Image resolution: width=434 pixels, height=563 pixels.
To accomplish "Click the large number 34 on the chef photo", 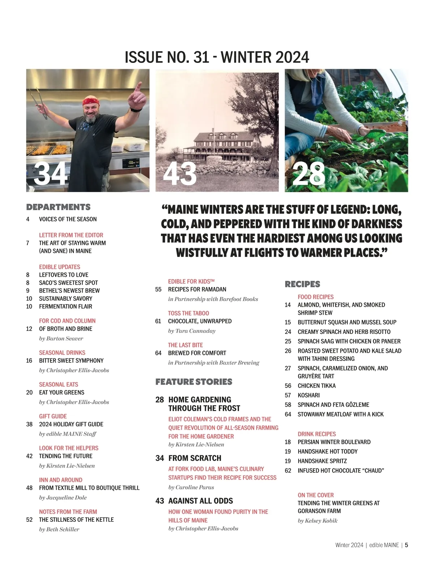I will point(50,173).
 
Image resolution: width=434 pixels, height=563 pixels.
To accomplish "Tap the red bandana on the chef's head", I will point(93,101).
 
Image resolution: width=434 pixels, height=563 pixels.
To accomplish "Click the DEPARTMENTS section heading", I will point(58,207).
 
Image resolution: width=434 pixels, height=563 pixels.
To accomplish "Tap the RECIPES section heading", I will point(302,284).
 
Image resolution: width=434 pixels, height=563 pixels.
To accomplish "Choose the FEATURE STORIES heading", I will point(193,382).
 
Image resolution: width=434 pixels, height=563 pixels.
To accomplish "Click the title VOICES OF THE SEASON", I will point(68,219).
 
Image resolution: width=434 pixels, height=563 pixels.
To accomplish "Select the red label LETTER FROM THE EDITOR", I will point(71,235).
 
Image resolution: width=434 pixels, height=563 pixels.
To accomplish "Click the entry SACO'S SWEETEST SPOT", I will point(68,283).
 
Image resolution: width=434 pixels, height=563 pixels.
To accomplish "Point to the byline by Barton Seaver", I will point(61,339).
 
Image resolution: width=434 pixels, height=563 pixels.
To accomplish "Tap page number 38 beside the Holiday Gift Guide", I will point(29,424).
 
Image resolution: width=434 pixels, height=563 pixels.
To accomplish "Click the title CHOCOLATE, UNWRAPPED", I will point(200,321).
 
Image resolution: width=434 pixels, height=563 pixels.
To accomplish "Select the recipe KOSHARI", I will point(309,395).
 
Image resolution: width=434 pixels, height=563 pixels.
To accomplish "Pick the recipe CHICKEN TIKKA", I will point(316,386).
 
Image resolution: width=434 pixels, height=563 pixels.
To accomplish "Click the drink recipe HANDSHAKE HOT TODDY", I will point(327,451).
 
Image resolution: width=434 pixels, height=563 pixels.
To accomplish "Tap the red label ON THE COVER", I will point(315,495).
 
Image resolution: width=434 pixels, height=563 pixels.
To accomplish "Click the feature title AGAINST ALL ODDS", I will point(200,501).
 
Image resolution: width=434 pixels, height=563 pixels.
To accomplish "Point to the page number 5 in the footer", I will point(406,545).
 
